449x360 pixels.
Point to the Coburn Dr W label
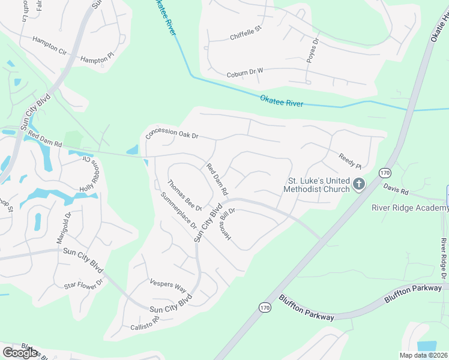point(245,73)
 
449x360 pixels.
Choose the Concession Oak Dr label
point(172,133)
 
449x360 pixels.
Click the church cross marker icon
point(359,184)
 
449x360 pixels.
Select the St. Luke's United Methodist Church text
point(318,185)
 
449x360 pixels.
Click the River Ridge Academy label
point(409,208)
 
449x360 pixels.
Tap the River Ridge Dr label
point(444,258)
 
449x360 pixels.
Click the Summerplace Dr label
point(179,211)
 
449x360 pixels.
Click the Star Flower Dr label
point(83,283)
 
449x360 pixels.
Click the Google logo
point(20,352)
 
